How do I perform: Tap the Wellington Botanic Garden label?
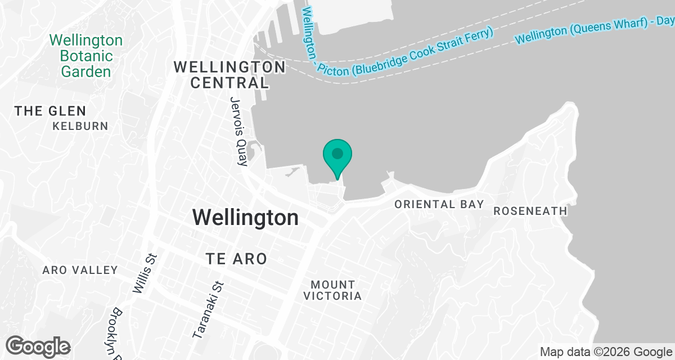(86, 56)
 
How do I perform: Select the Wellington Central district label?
(229, 75)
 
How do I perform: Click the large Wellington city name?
(245, 217)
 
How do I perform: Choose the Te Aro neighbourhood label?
(236, 259)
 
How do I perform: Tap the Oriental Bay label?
(439, 204)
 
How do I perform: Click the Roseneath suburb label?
(530, 211)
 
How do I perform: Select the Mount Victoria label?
(332, 290)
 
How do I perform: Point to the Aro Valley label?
(80, 271)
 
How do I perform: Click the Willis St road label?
(145, 273)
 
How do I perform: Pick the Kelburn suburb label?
(80, 126)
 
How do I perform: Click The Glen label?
(51, 111)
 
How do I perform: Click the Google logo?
(38, 346)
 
